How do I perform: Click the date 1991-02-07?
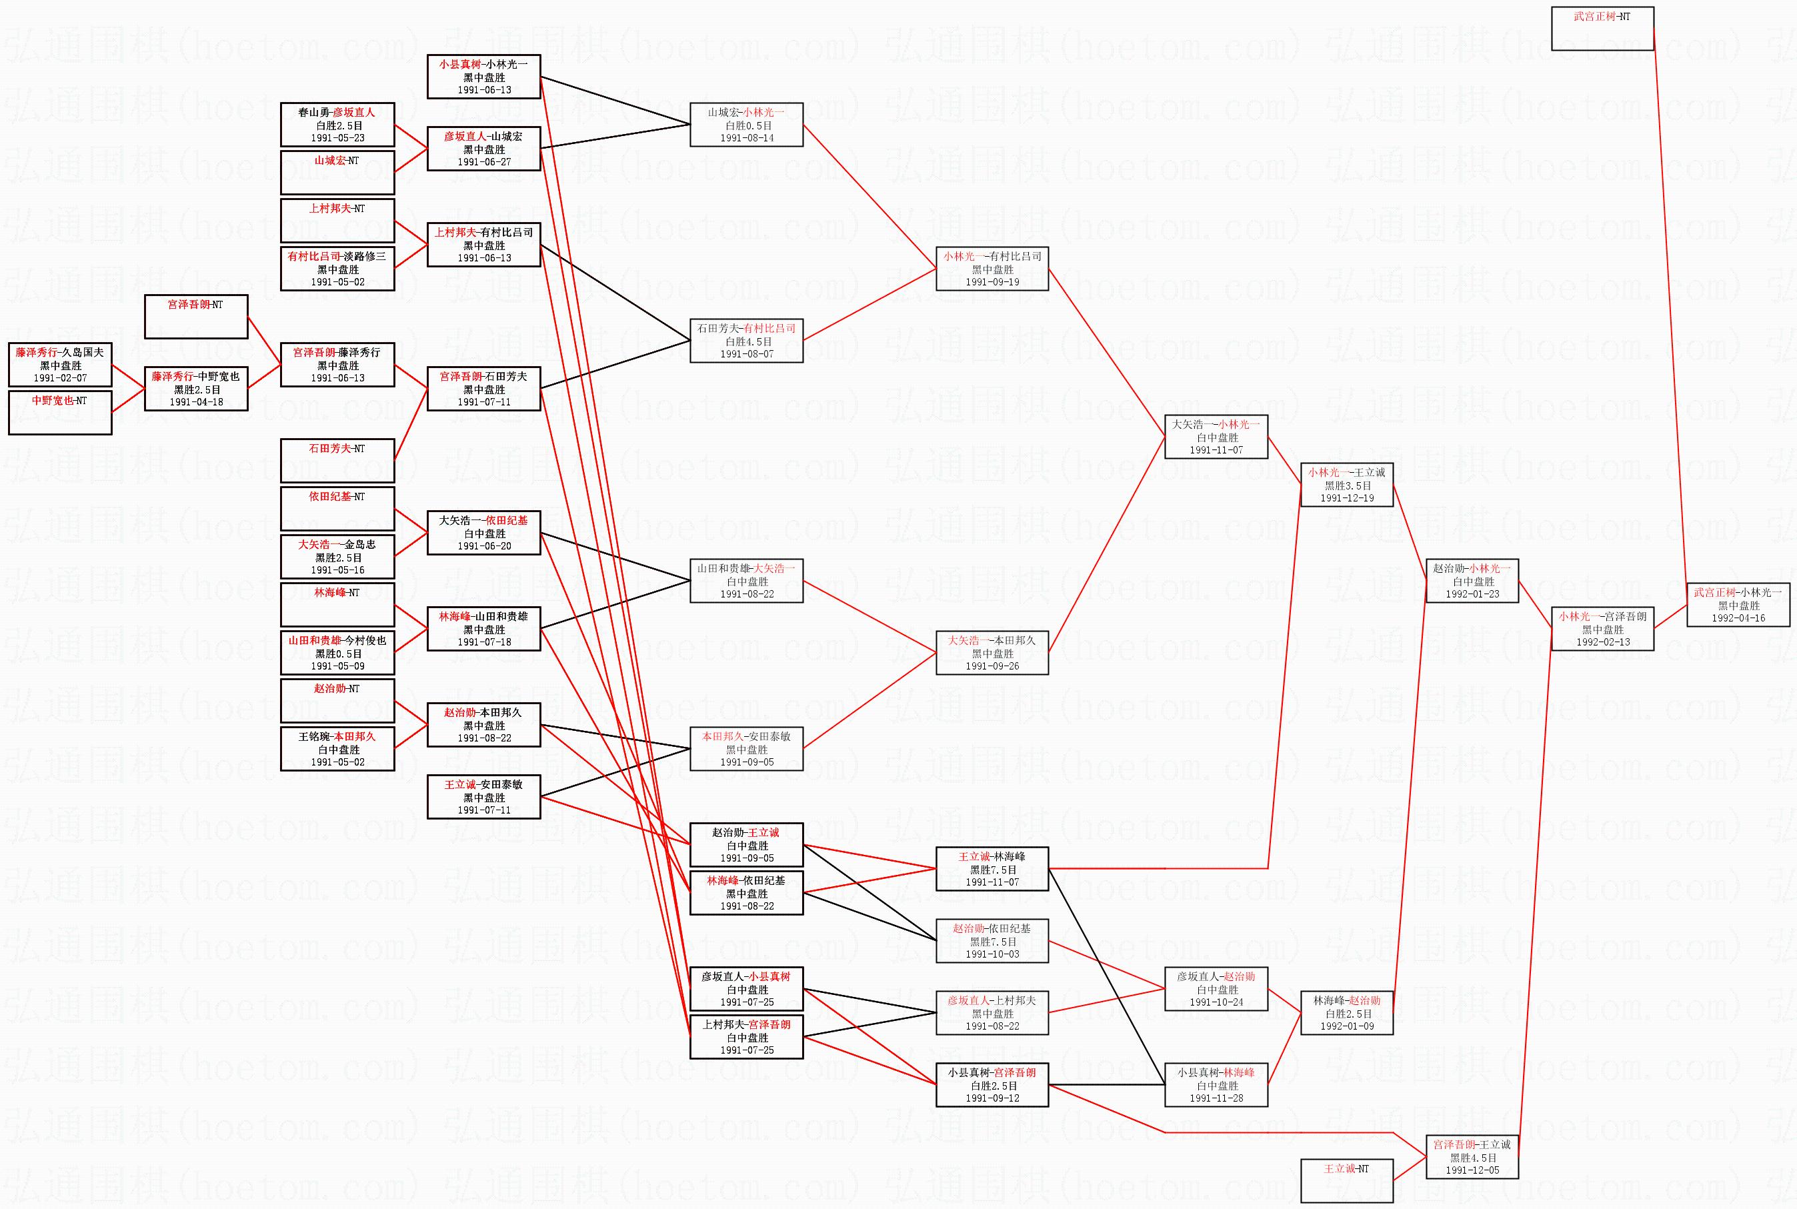pos(60,378)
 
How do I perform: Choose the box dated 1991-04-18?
pos(196,389)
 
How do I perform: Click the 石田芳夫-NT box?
pos(337,459)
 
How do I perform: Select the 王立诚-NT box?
pos(1346,1180)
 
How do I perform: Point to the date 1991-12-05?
pos(1472,1170)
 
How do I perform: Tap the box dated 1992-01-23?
pos(1472,581)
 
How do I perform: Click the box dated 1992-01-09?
pos(1346,1012)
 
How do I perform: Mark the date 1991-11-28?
pos(1216,1098)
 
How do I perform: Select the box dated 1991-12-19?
pos(1346,484)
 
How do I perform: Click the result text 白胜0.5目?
pos(746,125)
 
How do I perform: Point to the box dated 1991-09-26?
pos(992,652)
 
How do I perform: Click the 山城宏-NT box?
pos(337,172)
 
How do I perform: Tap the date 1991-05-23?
pos(337,138)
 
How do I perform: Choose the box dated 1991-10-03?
pos(992,941)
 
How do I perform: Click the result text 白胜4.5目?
pos(746,341)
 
